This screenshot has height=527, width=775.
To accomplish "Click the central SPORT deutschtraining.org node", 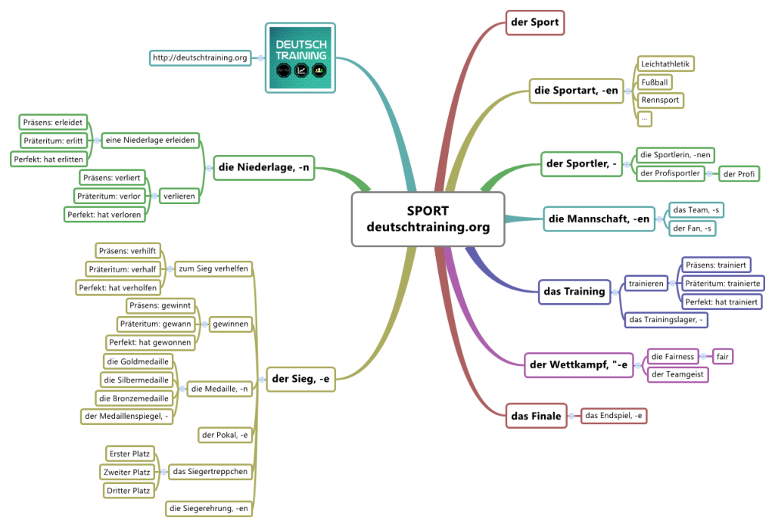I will click(428, 219).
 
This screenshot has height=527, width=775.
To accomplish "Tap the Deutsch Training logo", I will click(300, 57).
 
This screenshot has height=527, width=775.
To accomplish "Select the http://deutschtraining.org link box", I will click(201, 57).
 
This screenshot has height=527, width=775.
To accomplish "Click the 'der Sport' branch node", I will click(535, 22).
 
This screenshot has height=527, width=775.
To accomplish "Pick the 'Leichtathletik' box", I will click(665, 64).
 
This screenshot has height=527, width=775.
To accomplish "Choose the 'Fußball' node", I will click(655, 82).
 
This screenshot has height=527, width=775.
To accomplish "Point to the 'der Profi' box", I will click(739, 174).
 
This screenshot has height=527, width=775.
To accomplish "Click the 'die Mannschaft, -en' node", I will click(599, 219).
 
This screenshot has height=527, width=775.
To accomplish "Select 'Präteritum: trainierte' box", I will click(722, 284).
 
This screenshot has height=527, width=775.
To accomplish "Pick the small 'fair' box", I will click(723, 356).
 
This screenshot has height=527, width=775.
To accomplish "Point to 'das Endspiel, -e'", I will click(614, 415).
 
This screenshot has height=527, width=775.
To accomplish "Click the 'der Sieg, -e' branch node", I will click(300, 379).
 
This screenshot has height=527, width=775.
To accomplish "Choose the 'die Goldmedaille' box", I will click(138, 361).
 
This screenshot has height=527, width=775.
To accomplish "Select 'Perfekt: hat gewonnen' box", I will click(150, 342).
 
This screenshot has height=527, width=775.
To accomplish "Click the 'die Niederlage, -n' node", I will click(263, 168).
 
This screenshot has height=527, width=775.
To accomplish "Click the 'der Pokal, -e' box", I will click(224, 435).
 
